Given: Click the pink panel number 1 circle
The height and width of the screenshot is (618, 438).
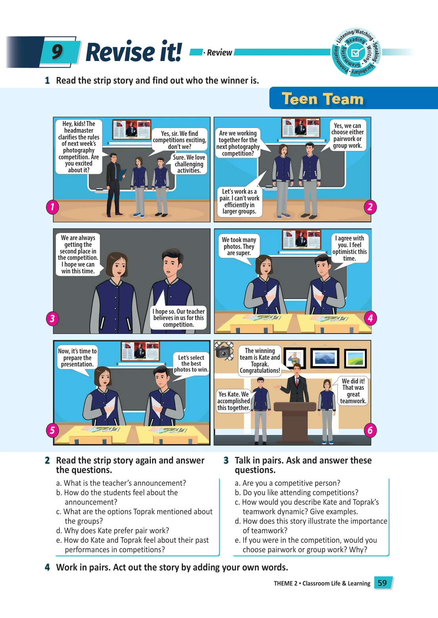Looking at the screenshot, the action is pyautogui.click(x=52, y=207).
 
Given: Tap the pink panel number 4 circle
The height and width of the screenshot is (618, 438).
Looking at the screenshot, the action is pyautogui.click(x=370, y=319).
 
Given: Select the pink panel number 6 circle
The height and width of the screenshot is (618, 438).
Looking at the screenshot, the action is pyautogui.click(x=370, y=430).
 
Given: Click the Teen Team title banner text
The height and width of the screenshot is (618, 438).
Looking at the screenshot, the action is pyautogui.click(x=322, y=99).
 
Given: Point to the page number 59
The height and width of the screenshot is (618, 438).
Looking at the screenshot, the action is pyautogui.click(x=382, y=583).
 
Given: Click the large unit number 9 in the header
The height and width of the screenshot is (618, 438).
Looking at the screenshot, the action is pyautogui.click(x=57, y=51).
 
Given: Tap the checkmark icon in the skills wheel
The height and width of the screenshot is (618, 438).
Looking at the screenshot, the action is pyautogui.click(x=356, y=52).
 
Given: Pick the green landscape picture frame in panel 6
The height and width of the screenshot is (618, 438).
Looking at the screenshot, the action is pyautogui.click(x=355, y=359).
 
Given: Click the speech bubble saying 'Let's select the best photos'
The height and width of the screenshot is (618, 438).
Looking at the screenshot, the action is pyautogui.click(x=191, y=364).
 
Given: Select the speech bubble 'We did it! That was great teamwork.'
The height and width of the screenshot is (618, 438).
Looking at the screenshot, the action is pyautogui.click(x=353, y=391).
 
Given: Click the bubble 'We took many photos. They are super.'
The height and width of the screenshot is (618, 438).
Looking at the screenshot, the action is pyautogui.click(x=239, y=246).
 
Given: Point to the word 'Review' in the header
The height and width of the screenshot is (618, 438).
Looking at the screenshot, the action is pyautogui.click(x=219, y=52).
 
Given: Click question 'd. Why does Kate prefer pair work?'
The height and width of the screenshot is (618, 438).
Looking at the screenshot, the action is pyautogui.click(x=112, y=530).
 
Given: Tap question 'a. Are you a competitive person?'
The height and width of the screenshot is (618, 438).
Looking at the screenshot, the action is pyautogui.click(x=288, y=483).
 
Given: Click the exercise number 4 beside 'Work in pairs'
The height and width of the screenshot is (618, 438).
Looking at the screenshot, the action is pyautogui.click(x=48, y=567).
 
